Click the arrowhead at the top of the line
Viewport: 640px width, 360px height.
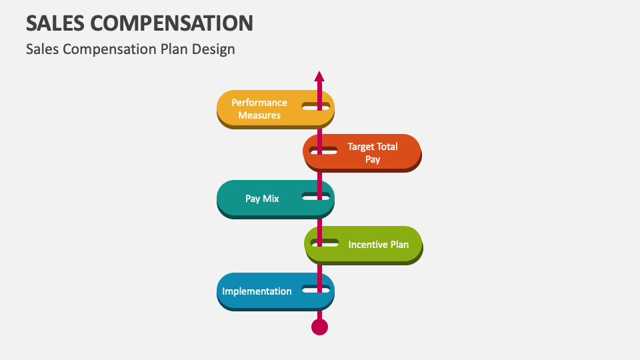(x=319, y=76)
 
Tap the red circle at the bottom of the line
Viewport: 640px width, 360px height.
(x=320, y=327)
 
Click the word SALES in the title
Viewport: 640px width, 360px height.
(x=55, y=23)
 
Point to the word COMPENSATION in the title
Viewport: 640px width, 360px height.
(x=171, y=23)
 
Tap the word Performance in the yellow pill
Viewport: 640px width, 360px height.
(x=259, y=103)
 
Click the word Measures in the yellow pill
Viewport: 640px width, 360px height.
(x=259, y=115)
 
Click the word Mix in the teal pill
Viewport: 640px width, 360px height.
(x=271, y=199)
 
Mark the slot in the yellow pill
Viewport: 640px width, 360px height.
(x=316, y=106)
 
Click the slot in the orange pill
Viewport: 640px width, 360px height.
(x=323, y=151)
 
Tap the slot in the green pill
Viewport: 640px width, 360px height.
(x=324, y=242)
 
